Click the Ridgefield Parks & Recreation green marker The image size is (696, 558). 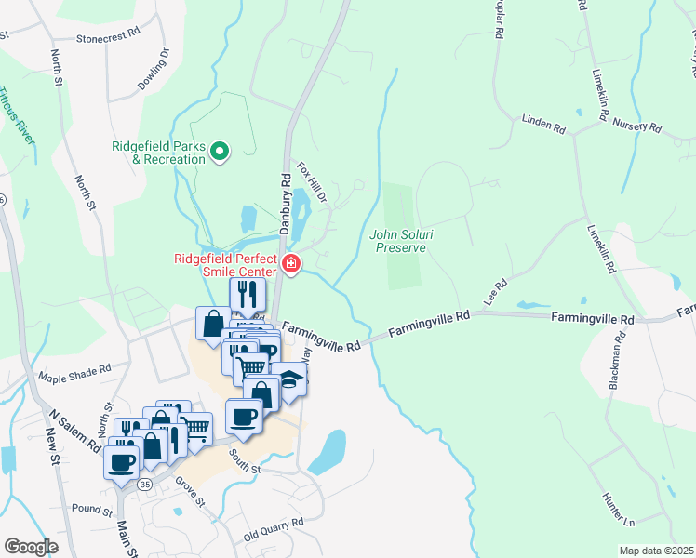pyautogui.click(x=221, y=151)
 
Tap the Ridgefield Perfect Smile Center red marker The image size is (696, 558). pyautogui.click(x=291, y=265)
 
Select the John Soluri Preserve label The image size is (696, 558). pyautogui.click(x=398, y=241)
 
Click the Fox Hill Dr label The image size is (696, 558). pyautogui.click(x=312, y=182)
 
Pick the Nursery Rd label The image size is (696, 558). pyautogui.click(x=636, y=126)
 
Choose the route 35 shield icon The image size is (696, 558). pyautogui.click(x=144, y=485)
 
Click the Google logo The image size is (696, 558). pyautogui.click(x=32, y=547)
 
